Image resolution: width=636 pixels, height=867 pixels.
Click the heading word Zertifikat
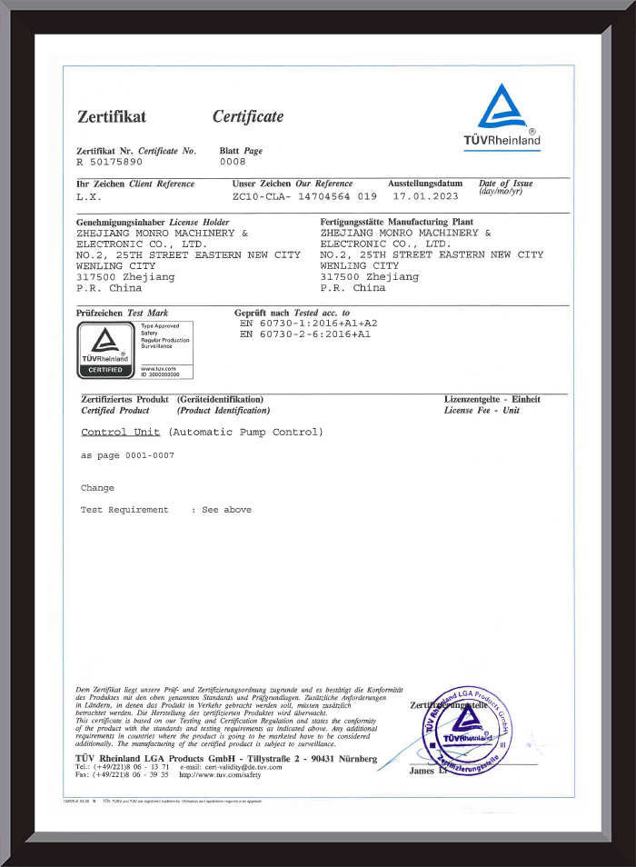pos(112,116)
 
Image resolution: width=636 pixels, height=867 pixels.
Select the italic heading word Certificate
pos(248,116)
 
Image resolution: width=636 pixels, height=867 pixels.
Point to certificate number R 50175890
pos(110,161)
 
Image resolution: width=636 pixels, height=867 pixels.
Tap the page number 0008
pos(234,161)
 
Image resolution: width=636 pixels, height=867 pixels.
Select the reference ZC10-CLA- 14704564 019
pos(303,196)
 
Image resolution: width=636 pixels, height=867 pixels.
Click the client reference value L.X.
pos(90,196)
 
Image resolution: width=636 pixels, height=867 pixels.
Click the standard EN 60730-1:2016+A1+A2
pos(308,323)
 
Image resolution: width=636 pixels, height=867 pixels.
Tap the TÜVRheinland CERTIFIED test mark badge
pos(104,350)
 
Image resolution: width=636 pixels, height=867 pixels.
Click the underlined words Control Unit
pos(120,433)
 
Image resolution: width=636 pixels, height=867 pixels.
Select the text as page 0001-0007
pos(127,455)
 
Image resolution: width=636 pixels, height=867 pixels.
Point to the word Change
pos(97,488)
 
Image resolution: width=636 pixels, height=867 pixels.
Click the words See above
pos(226,510)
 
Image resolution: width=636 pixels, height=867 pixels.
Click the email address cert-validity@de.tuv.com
pos(243,767)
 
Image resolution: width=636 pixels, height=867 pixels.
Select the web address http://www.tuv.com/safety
pos(220,775)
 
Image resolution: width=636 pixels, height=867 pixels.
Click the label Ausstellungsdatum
pos(425,184)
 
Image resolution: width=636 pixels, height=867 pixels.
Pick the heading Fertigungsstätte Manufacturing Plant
pos(397,222)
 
